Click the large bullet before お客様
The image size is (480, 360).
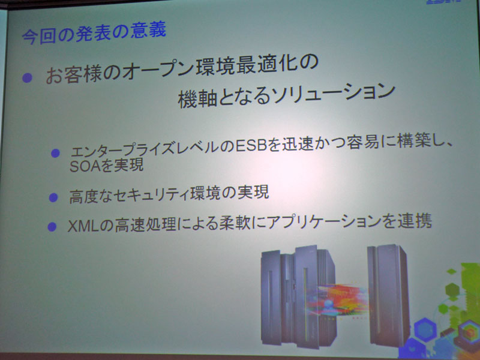tap(27, 78)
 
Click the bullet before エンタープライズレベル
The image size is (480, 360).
tap(56, 152)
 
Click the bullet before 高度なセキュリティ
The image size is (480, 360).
tap(53, 196)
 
